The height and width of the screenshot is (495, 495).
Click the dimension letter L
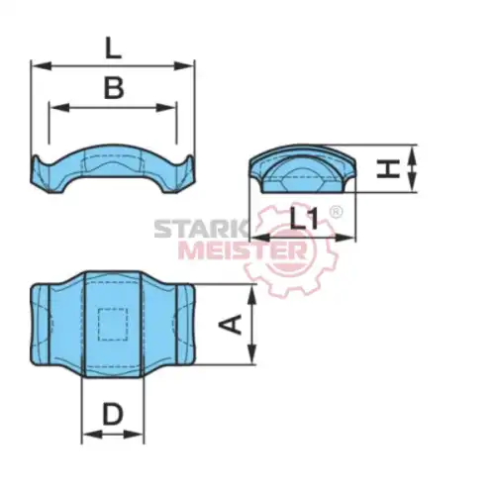coord(113,49)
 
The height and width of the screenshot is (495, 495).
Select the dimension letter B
coord(114,87)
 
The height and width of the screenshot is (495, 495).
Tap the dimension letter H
coord(388,168)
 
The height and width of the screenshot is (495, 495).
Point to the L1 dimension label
coord(304,219)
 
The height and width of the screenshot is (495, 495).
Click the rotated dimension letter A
coord(231,325)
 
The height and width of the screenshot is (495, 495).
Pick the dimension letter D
coord(113,414)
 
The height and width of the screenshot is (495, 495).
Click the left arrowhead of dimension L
coord(42,66)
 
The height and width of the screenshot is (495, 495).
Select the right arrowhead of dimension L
coord(184,66)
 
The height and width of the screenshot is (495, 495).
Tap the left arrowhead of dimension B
coord(59,108)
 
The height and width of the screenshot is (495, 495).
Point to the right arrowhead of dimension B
coord(166,108)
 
